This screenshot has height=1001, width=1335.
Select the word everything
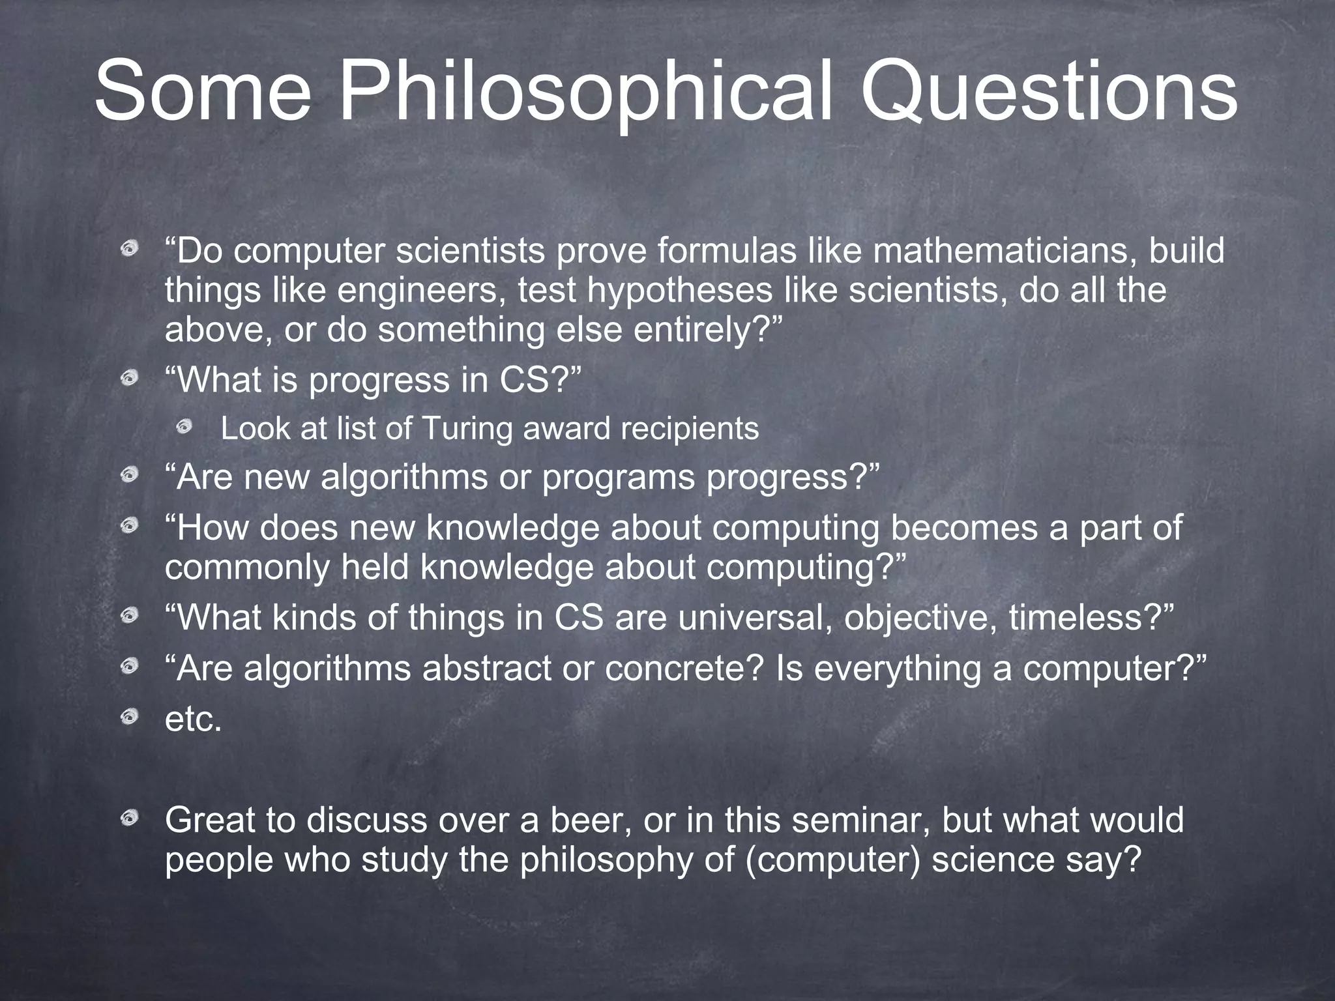coord(898,669)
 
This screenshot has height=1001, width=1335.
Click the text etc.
coord(194,719)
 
